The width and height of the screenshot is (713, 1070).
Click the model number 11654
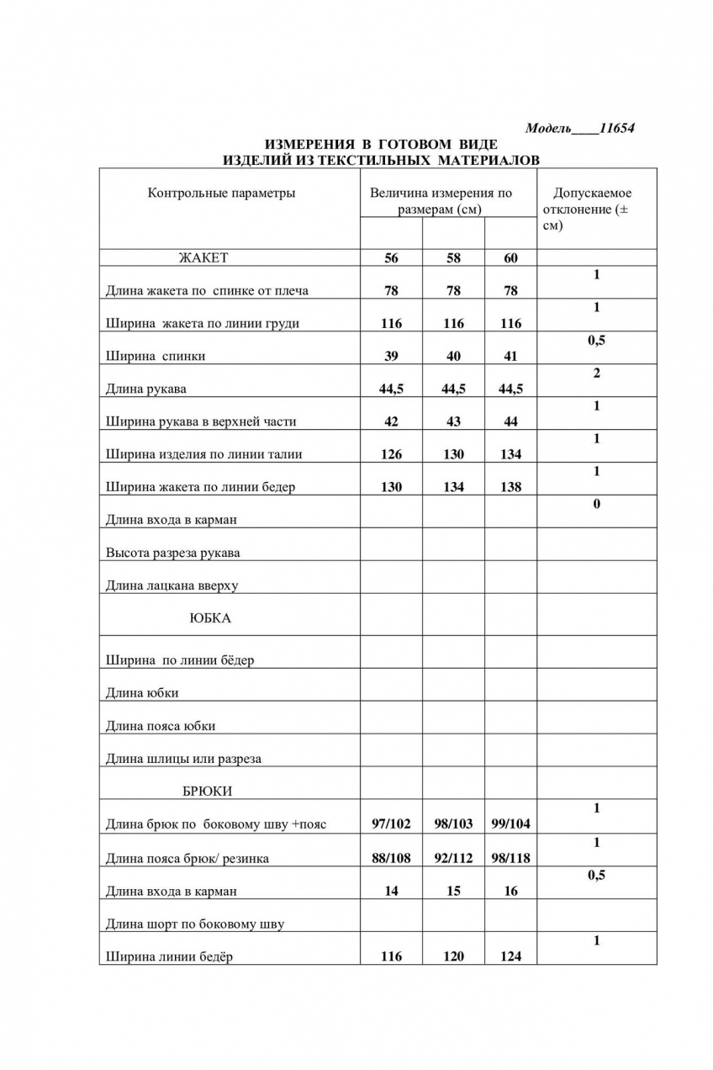(616, 129)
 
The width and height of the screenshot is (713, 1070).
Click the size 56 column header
(391, 258)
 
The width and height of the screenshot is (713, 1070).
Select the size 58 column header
(453, 258)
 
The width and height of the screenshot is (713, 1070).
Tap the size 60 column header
(510, 258)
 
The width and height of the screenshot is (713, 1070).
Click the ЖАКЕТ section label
(203, 258)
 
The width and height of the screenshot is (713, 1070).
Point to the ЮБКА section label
(209, 618)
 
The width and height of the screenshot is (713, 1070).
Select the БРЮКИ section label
(207, 792)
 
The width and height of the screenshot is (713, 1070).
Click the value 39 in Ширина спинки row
(391, 356)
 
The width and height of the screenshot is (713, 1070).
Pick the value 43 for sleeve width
(453, 421)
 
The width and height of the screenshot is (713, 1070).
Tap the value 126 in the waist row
(391, 454)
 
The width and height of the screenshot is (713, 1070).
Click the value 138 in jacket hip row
(510, 487)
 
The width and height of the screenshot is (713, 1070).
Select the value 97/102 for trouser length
(391, 824)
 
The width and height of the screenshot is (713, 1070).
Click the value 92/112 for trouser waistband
(453, 859)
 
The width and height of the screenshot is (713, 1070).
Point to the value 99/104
(510, 824)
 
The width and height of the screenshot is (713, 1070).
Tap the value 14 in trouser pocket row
(391, 892)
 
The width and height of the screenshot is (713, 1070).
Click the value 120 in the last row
(453, 956)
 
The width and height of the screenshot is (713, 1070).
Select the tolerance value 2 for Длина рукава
(596, 373)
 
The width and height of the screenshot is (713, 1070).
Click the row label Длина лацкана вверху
(172, 585)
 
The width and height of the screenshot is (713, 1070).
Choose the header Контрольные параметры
(221, 193)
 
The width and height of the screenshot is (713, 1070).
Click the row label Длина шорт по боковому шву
(194, 924)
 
